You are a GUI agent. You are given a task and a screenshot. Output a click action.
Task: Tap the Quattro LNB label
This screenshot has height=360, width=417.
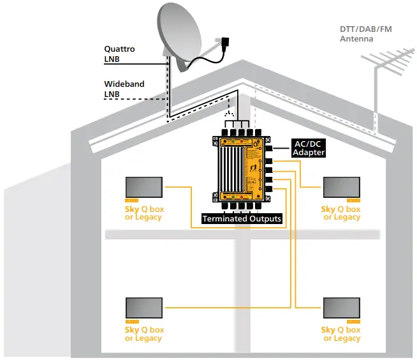[119, 54]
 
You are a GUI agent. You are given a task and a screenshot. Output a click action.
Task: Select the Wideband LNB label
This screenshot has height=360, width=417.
[124, 89]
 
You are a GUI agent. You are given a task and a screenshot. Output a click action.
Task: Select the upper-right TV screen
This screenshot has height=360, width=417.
[342, 188]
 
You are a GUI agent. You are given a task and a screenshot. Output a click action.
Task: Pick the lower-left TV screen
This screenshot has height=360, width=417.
[143, 308]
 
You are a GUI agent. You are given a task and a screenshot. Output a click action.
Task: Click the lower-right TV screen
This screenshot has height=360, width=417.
[342, 308]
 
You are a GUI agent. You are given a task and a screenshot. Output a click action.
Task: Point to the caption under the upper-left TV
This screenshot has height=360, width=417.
[143, 213]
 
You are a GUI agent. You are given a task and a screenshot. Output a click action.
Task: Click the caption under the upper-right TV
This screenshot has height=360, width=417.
[342, 213]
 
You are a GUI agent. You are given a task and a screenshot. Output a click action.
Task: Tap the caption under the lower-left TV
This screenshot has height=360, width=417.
[143, 334]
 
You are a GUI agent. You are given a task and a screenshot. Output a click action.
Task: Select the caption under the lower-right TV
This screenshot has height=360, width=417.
[342, 334]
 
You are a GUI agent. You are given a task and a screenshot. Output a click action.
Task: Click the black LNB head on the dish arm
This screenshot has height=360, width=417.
[223, 43]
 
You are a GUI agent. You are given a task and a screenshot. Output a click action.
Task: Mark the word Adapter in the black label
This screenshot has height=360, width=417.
[309, 153]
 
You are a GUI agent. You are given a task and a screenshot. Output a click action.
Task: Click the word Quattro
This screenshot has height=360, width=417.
[119, 49]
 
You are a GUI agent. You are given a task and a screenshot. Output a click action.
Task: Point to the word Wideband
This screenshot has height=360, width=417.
[124, 84]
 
